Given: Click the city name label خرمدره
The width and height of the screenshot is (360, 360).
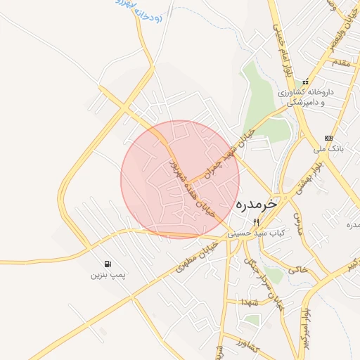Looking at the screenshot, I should (257, 204).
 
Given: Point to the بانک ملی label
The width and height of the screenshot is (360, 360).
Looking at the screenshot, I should (327, 149).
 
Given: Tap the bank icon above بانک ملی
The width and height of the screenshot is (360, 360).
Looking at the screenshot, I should (328, 138).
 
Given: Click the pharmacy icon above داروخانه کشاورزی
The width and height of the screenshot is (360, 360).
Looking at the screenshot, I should (305, 82).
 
